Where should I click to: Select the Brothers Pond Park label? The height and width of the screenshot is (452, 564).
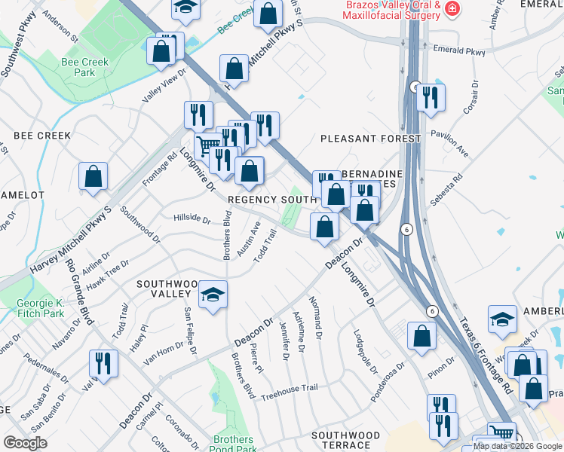point(233,444)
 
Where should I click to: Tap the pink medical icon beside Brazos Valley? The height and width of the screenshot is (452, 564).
point(452,9)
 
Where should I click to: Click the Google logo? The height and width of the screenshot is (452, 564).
point(25,442)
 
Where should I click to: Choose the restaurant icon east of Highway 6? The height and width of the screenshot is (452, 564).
point(431,97)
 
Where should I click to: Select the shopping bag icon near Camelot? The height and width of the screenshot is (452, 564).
point(93,177)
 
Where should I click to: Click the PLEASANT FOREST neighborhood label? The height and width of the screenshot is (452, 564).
point(370,139)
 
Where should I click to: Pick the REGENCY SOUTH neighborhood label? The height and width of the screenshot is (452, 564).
point(271,200)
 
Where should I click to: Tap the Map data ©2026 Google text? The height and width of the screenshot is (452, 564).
point(518,446)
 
